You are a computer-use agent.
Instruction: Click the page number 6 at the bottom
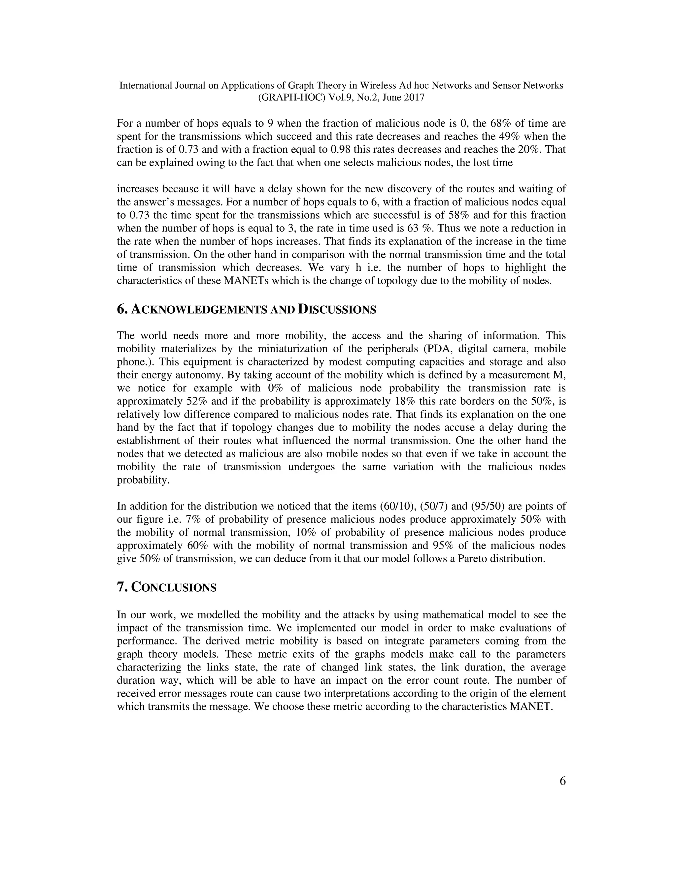[562, 781]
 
